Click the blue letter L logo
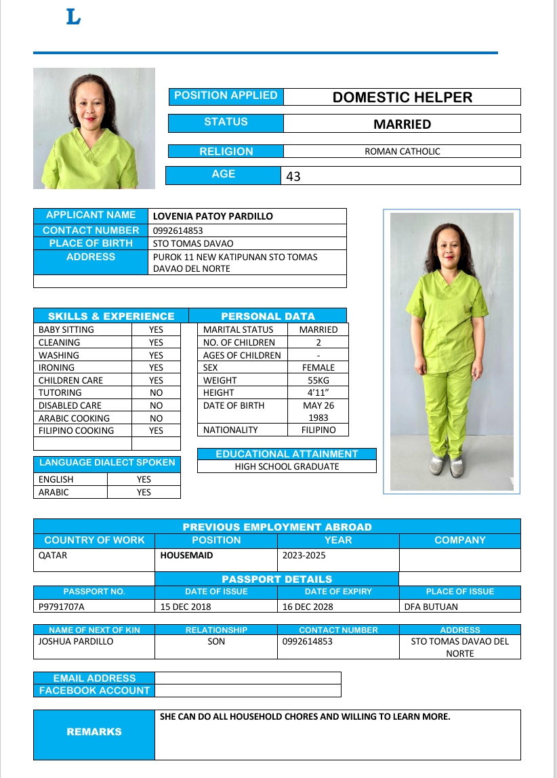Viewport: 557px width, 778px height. pos(73,17)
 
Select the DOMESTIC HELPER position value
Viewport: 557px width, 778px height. pos(402,97)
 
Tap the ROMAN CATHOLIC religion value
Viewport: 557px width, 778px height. pos(402,152)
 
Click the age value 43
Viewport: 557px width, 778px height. pos(293,176)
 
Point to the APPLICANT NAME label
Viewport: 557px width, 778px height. pos(91,216)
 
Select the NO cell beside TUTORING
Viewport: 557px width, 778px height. pos(156,392)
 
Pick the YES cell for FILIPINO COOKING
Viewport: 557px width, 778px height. pos(156,430)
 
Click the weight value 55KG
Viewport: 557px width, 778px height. pos(318,380)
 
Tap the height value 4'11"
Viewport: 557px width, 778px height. pos(318,392)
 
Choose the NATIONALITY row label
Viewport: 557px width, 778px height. pos(230,430)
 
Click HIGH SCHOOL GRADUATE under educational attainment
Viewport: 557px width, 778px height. pos(287,466)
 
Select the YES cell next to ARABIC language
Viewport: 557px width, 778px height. pos(144,493)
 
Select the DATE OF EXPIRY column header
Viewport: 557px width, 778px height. pos(338,592)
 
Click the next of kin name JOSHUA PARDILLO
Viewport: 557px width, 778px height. pos(76,641)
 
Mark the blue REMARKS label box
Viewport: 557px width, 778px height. pos(94,732)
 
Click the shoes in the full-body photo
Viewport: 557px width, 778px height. pos(448,466)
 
